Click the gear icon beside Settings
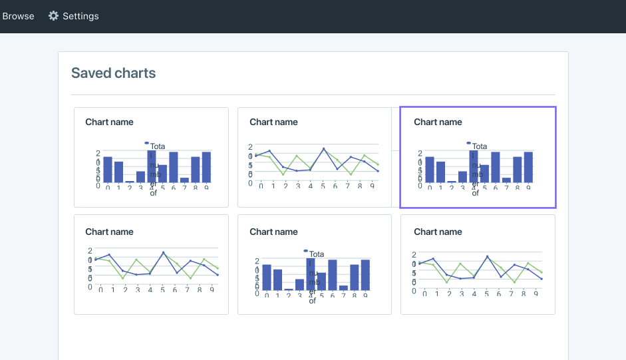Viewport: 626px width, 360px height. [x=54, y=16]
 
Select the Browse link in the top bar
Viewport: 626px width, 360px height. [x=18, y=16]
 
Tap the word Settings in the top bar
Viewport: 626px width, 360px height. [x=80, y=16]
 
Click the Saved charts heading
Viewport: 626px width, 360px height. [x=113, y=73]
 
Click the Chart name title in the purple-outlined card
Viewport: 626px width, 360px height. [x=438, y=122]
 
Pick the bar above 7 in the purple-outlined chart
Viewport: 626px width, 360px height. [x=506, y=179]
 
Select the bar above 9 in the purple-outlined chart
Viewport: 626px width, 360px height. [x=528, y=167]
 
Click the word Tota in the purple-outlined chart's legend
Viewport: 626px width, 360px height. [x=480, y=146]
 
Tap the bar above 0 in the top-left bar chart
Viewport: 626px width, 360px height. [x=108, y=169]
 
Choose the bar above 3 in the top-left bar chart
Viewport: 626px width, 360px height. [x=140, y=176]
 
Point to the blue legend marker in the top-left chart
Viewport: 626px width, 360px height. [x=146, y=143]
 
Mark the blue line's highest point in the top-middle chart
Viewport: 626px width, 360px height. [x=323, y=148]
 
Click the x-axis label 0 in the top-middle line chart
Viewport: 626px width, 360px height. [x=261, y=186]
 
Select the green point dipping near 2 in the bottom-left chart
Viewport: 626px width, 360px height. [x=123, y=278]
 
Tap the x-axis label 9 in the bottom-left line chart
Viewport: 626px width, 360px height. [x=212, y=289]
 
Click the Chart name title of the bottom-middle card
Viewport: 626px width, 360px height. [x=273, y=232]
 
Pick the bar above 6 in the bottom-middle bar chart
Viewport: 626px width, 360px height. [x=333, y=274]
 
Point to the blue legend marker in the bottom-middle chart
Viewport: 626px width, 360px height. [x=306, y=251]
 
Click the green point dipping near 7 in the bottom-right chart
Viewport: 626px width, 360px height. [x=514, y=282]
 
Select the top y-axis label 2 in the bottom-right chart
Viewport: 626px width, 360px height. [x=414, y=255]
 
